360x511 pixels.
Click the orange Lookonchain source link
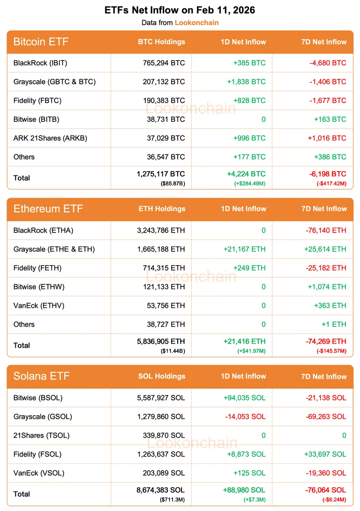pyautogui.click(x=196, y=23)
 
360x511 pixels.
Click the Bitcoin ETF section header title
pyautogui.click(x=41, y=42)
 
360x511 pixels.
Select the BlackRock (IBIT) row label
pyautogui.click(x=40, y=63)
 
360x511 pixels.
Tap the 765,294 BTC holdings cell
pyautogui.click(x=164, y=63)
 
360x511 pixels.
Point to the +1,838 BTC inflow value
pyautogui.click(x=249, y=82)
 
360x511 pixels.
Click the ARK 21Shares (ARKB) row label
pyautogui.click(x=50, y=138)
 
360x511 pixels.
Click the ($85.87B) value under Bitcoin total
pyautogui.click(x=173, y=184)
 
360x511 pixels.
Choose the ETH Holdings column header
pyautogui.click(x=162, y=209)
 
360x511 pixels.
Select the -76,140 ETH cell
pyautogui.click(x=326, y=230)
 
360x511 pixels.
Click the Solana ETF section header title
pyautogui.click(x=41, y=376)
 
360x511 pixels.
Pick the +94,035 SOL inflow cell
pyautogui.click(x=244, y=398)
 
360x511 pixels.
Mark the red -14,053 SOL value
pyautogui.click(x=245, y=416)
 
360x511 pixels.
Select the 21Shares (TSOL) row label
pyautogui.click(x=41, y=435)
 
